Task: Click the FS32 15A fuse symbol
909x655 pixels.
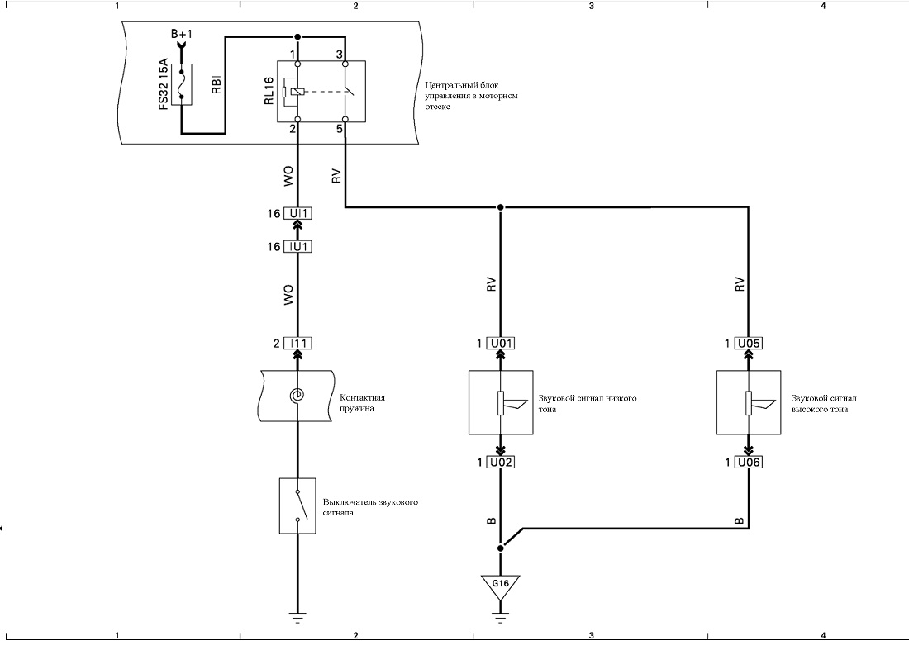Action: (182, 85)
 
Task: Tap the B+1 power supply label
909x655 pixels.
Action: (182, 34)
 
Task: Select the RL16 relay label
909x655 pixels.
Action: (269, 92)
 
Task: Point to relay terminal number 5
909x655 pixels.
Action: (340, 129)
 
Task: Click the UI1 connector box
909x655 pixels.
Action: (297, 213)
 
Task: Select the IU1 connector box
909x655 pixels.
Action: (297, 247)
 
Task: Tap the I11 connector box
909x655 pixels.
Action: (297, 344)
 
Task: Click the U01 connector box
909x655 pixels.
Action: (501, 344)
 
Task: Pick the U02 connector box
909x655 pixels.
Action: (501, 463)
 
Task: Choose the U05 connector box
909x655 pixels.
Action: (749, 344)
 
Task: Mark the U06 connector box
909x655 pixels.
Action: (749, 463)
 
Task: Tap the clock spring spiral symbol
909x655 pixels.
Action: (297, 396)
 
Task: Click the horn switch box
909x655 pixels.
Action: (297, 505)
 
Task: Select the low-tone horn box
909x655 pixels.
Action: (501, 403)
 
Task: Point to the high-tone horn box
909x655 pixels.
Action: (749, 403)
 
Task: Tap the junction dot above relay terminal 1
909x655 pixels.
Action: (297, 37)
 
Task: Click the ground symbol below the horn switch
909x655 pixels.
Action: (297, 618)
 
